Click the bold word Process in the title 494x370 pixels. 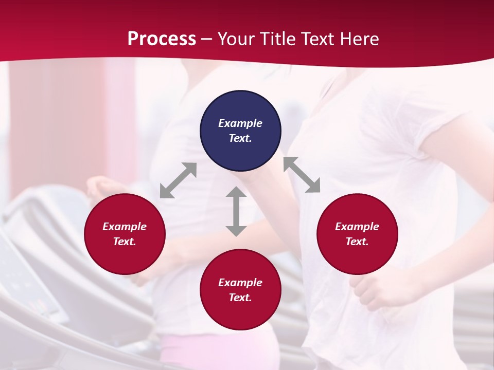coord(162,39)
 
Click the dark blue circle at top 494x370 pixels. coord(240,131)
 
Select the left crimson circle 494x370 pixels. coord(125,234)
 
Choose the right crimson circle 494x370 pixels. coord(357,234)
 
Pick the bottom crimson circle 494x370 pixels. coord(240,290)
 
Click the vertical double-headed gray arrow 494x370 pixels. coord(236,211)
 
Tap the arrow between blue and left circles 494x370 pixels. coord(178,180)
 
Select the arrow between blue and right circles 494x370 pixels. coord(302,175)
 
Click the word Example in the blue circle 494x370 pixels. coord(240,123)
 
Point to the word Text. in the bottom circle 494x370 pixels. coord(240,298)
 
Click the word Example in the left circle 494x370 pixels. coord(125,227)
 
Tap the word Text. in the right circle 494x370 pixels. coord(357,242)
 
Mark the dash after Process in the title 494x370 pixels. coord(206,40)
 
